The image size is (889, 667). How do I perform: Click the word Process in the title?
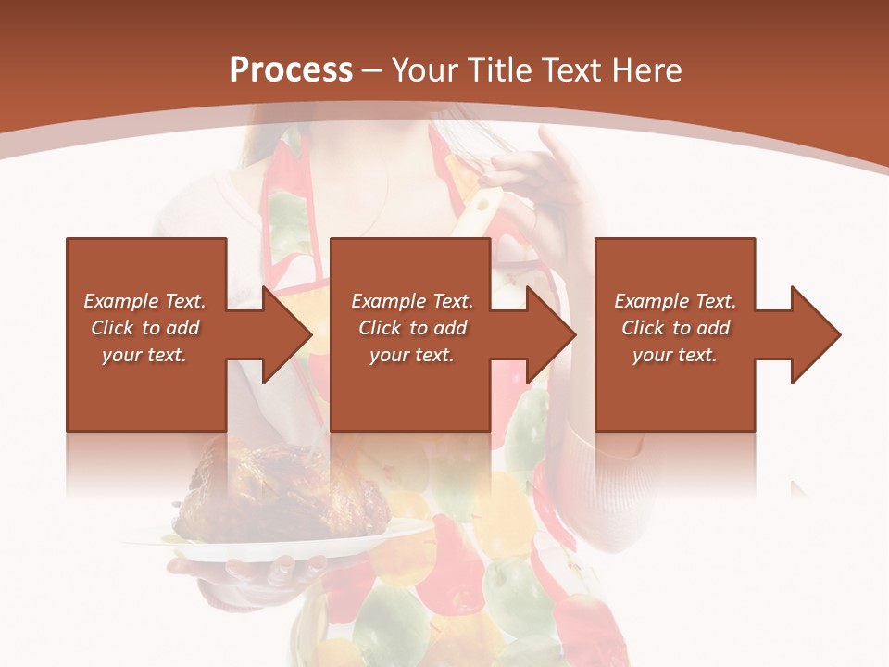tap(291, 70)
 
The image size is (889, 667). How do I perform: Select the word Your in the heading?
tap(429, 70)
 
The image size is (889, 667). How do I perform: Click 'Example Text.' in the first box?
tap(144, 301)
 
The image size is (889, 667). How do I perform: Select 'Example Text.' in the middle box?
tap(412, 301)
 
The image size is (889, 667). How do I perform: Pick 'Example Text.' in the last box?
tap(675, 301)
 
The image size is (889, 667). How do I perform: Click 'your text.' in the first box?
tap(144, 355)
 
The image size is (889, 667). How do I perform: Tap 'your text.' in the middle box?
tap(412, 355)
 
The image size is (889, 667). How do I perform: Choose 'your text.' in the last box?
tap(675, 355)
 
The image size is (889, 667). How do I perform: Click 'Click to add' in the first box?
tap(144, 328)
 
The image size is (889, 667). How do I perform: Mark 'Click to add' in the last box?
tap(675, 328)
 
